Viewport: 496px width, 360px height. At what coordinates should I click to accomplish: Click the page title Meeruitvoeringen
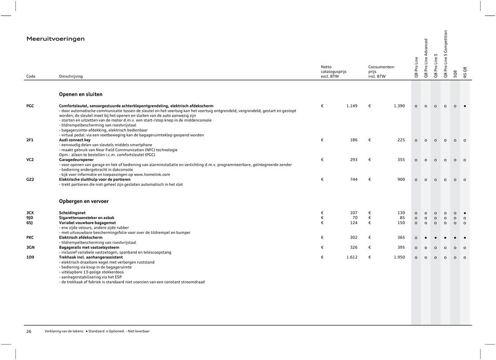(56, 39)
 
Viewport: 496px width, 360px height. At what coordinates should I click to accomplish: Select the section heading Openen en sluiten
(81, 95)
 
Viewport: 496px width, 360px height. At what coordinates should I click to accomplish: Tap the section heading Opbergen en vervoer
(84, 202)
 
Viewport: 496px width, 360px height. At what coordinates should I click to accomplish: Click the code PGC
(31, 106)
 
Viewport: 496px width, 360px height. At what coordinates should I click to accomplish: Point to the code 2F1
(30, 140)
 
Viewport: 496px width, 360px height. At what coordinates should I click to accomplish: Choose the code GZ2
(31, 179)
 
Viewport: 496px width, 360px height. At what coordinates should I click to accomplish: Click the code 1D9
(31, 257)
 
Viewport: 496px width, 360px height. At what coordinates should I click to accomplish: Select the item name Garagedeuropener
(80, 160)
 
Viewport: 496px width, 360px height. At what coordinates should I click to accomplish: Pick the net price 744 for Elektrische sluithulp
(353, 179)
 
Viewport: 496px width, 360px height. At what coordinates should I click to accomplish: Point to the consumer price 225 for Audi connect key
(401, 140)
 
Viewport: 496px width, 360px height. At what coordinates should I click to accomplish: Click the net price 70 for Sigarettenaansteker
(354, 218)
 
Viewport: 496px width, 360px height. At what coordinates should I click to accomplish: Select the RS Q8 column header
(465, 72)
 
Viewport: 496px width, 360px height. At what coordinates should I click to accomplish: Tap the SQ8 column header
(455, 74)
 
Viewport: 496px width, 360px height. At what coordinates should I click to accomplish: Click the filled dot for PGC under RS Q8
(465, 106)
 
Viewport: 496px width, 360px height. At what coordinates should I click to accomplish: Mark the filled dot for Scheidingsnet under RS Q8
(465, 213)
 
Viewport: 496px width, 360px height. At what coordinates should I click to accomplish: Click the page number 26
(29, 332)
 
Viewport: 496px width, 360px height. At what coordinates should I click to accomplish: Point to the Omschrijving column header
(71, 76)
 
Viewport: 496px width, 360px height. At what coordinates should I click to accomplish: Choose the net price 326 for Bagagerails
(353, 247)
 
